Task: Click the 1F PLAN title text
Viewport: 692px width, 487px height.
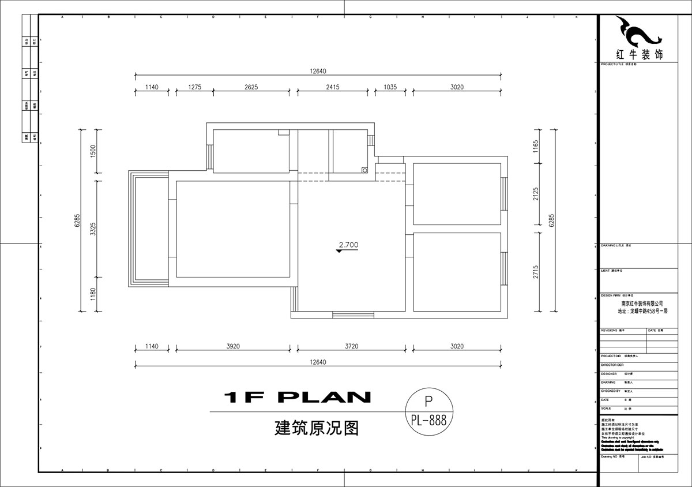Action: [x=297, y=397]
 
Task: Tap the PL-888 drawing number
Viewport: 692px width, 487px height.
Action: [x=428, y=421]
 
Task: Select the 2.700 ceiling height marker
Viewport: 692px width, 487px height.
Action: [x=348, y=245]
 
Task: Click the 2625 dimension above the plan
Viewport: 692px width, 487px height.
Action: [x=251, y=87]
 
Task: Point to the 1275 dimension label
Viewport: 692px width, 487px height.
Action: [x=194, y=87]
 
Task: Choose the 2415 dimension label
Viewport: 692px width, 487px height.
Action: [x=332, y=87]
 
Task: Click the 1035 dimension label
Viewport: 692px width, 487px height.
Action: [x=390, y=87]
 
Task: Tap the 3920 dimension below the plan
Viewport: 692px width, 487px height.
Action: [x=232, y=346]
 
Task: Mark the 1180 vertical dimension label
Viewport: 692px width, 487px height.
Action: [x=93, y=296]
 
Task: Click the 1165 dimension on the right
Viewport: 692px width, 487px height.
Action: [x=536, y=147]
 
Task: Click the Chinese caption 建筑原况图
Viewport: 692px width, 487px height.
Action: [x=317, y=428]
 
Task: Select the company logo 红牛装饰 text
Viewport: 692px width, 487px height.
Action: [x=640, y=55]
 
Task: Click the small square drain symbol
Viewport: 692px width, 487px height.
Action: [x=364, y=170]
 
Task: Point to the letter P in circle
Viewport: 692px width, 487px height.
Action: [x=428, y=400]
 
